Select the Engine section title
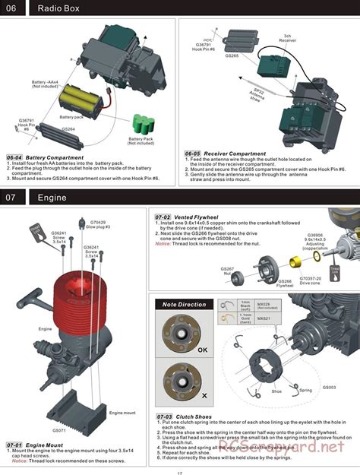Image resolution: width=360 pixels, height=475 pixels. point(53,198)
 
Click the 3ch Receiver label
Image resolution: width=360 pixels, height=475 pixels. point(287,38)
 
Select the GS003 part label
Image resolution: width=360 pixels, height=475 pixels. point(328,388)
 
